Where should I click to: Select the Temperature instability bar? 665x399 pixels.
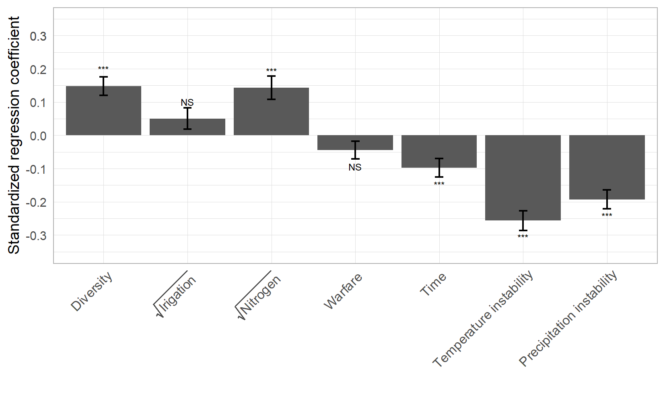pyautogui.click(x=523, y=177)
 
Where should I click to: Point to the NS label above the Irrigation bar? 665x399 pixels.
pyautogui.click(x=187, y=103)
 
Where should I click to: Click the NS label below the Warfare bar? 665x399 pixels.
pyautogui.click(x=355, y=167)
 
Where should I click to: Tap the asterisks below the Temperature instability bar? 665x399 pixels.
pyautogui.click(x=523, y=237)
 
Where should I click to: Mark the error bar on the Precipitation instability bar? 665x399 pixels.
pyautogui.click(x=607, y=199)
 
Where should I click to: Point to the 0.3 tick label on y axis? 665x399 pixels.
pyautogui.click(x=38, y=36)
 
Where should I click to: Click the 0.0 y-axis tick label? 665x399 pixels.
pyautogui.click(x=38, y=136)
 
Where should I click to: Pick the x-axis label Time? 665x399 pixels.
pyautogui.click(x=433, y=284)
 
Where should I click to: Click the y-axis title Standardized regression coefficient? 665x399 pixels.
pyautogui.click(x=14, y=135)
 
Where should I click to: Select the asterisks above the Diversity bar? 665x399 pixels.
pyautogui.click(x=103, y=69)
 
